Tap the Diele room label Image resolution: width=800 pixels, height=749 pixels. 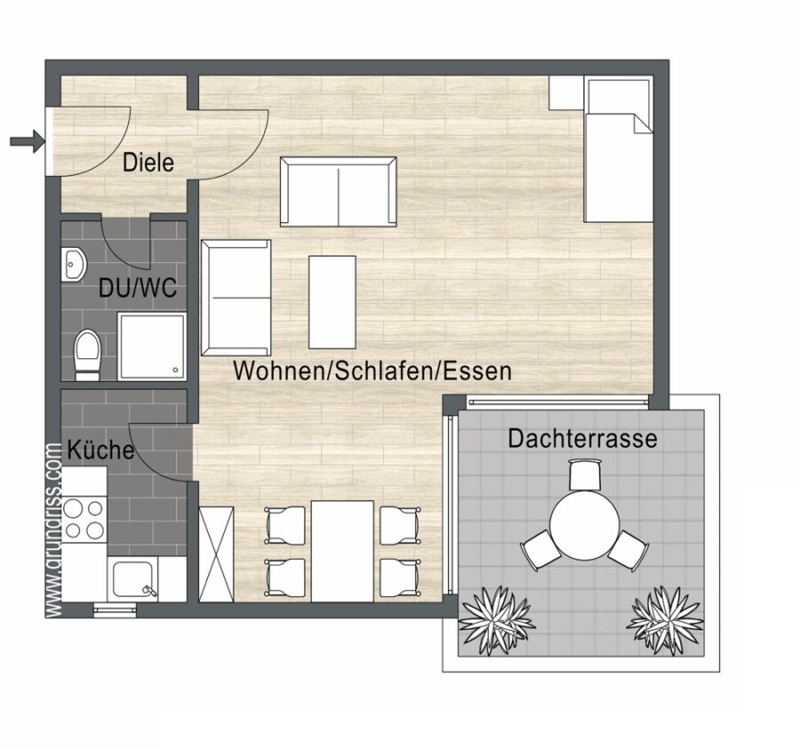(x=148, y=163)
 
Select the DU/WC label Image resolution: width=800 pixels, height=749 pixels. (x=138, y=288)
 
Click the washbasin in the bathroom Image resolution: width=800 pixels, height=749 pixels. (x=74, y=265)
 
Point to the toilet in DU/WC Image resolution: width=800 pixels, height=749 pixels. (x=87, y=355)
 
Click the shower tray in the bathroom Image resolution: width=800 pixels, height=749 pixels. (x=152, y=347)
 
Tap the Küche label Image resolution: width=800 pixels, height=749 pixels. (x=100, y=450)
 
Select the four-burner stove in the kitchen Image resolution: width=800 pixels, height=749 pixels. (x=84, y=520)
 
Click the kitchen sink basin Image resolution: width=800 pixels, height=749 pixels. (x=132, y=579)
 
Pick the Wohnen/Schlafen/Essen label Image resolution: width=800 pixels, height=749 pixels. (x=372, y=371)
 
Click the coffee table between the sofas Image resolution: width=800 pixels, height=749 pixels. (x=332, y=302)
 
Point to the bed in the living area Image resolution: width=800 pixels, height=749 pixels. (x=619, y=149)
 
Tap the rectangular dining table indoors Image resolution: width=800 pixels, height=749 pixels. (x=342, y=551)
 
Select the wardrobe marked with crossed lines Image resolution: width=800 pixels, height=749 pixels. (x=216, y=554)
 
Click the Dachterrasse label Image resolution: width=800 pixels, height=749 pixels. (x=582, y=439)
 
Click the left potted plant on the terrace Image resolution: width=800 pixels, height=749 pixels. (x=493, y=619)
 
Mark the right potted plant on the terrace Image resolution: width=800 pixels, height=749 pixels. (x=665, y=618)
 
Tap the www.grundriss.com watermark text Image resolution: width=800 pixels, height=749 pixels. (x=53, y=530)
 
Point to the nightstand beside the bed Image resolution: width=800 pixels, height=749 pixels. (x=566, y=92)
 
